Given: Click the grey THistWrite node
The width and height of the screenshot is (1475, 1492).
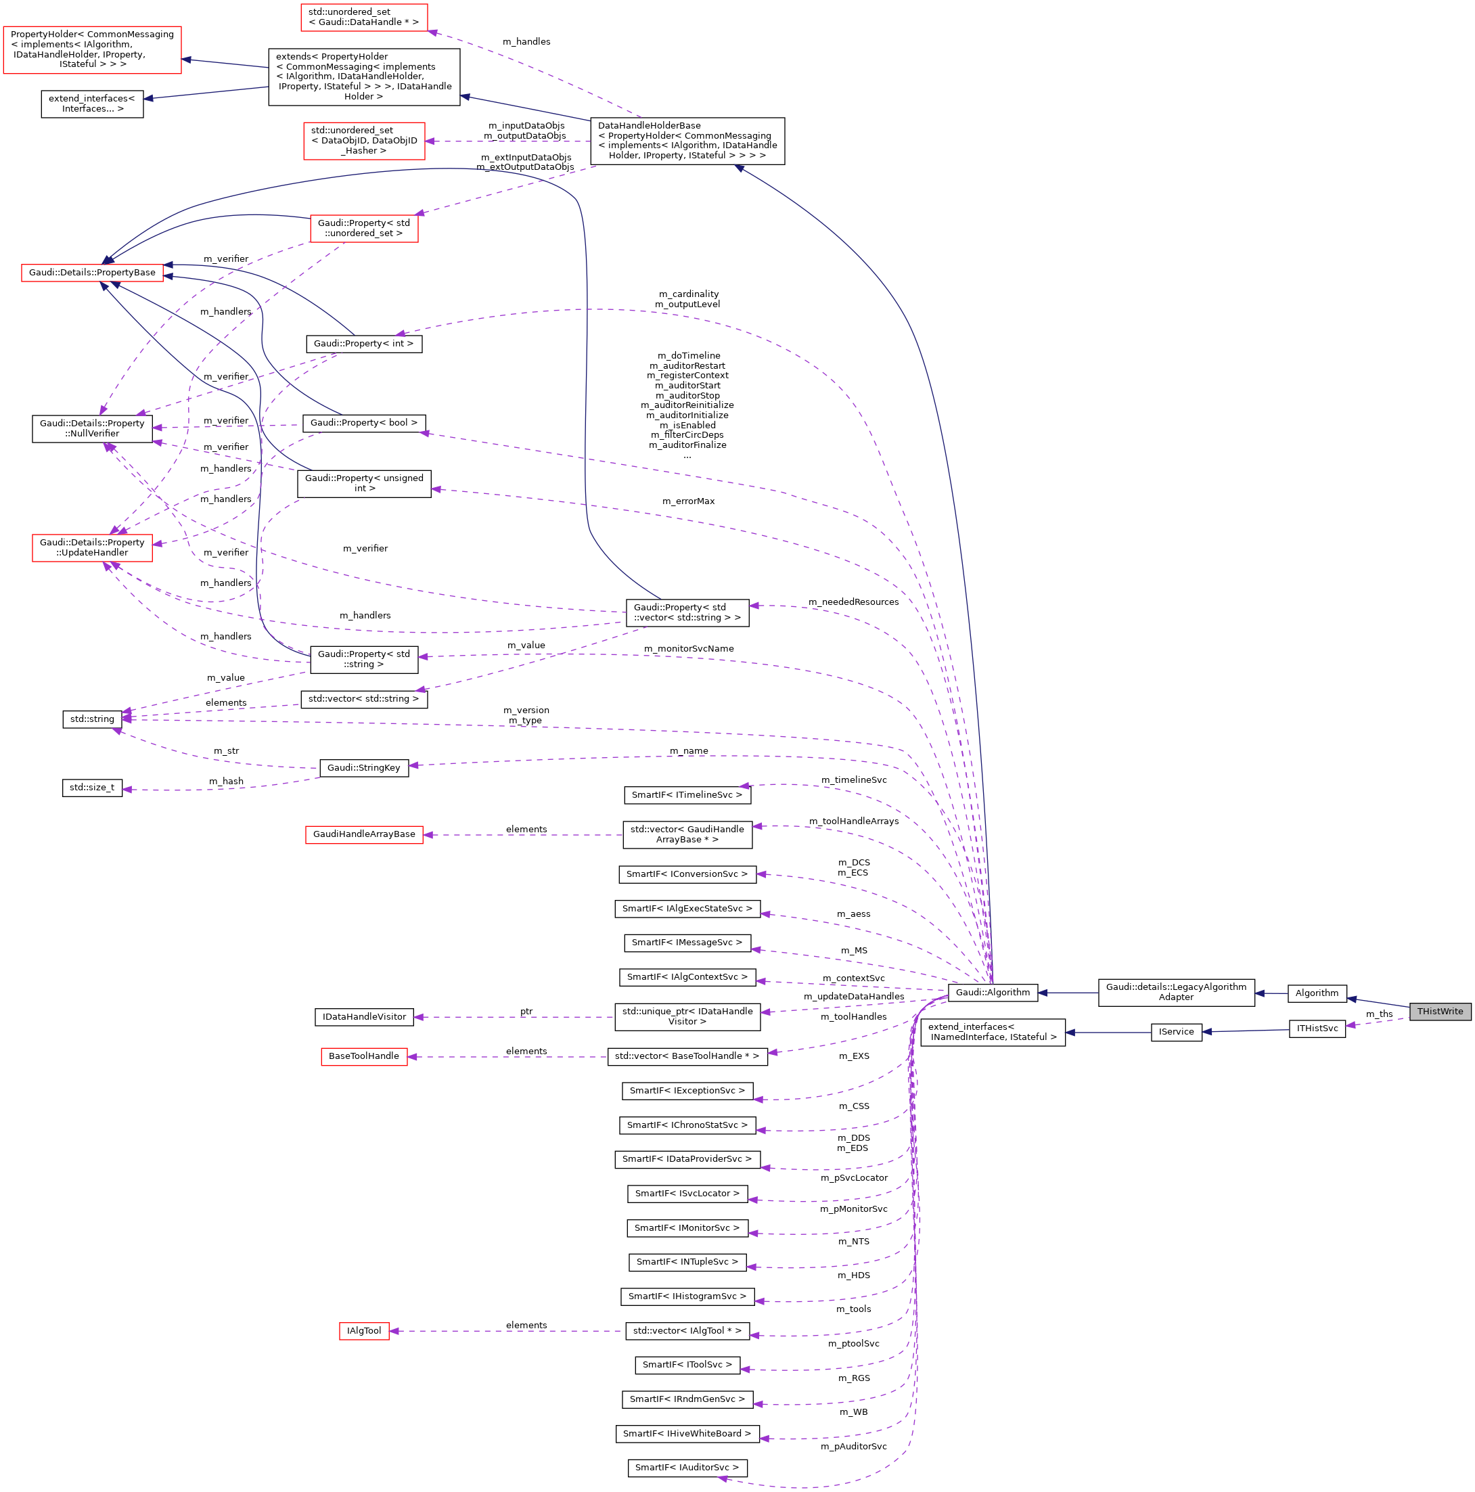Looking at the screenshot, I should (1439, 1011).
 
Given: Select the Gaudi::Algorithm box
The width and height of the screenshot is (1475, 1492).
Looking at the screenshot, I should (993, 993).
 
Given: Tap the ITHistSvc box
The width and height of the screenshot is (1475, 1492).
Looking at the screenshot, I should (1317, 1028).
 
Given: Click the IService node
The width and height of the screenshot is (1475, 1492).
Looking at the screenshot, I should (1175, 1032).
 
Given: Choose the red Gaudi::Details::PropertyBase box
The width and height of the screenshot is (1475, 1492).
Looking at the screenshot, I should (92, 273).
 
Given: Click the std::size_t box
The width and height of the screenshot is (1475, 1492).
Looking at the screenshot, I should (92, 788).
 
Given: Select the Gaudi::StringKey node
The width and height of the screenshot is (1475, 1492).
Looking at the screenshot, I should (364, 767).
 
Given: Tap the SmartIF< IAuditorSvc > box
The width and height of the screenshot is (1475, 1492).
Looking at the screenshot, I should (687, 1467).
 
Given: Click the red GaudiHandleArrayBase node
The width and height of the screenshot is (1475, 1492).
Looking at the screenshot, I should (364, 834).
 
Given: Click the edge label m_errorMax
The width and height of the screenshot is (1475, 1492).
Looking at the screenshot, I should (688, 501).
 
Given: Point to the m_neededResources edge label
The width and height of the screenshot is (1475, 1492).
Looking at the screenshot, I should (853, 602).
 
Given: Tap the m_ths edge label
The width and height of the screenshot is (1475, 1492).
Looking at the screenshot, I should (1379, 1014).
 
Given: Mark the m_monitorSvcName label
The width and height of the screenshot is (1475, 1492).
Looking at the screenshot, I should (689, 649).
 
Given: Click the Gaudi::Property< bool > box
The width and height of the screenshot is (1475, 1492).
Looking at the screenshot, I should (364, 423).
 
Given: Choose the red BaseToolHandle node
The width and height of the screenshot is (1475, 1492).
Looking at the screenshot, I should (364, 1056).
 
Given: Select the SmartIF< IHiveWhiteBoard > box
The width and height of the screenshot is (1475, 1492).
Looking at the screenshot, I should (687, 1433).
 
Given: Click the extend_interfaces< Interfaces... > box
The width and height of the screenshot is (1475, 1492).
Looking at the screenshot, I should (92, 104).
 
